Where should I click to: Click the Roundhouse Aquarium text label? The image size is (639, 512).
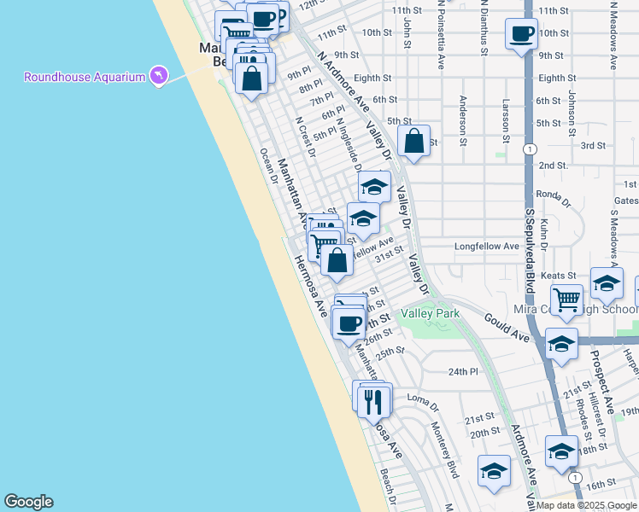pos(84,78)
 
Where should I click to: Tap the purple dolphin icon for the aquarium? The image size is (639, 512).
pos(157,77)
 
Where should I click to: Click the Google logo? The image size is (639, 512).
pos(28,502)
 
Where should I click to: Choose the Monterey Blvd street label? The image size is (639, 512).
pos(446,450)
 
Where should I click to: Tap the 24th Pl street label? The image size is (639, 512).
pos(463,371)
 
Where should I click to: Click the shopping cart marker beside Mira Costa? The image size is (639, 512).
pos(567,300)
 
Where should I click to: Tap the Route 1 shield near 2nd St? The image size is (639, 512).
pos(531,148)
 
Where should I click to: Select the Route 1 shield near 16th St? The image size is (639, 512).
pos(576,477)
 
